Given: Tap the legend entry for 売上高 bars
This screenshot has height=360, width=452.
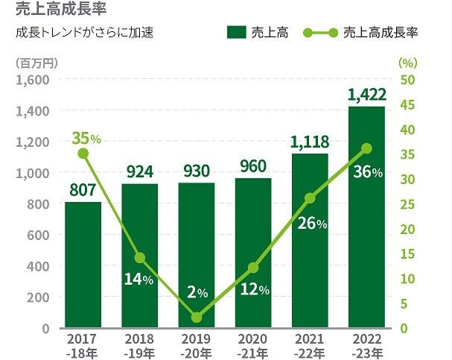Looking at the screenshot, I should click(x=258, y=34).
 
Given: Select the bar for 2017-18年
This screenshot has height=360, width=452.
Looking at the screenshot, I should click(x=83, y=265).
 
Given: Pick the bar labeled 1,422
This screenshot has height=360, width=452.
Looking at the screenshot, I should click(x=366, y=216).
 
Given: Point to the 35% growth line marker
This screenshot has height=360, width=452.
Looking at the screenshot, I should click(x=83, y=154).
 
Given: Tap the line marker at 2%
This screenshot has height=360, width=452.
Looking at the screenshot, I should click(x=197, y=318).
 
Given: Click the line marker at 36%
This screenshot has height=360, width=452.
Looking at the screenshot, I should click(x=366, y=148).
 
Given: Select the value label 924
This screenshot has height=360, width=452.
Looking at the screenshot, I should click(x=139, y=171).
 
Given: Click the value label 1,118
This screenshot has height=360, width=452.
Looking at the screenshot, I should click(x=309, y=141).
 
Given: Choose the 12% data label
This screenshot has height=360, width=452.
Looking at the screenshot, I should click(x=255, y=289).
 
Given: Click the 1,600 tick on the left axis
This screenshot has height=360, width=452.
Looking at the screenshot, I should click(x=34, y=80).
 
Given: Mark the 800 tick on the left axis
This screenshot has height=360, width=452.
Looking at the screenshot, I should click(x=39, y=204).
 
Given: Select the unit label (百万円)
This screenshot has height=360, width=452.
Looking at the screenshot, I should click(x=31, y=63).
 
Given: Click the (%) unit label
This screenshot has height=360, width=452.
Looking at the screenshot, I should click(x=408, y=63).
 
